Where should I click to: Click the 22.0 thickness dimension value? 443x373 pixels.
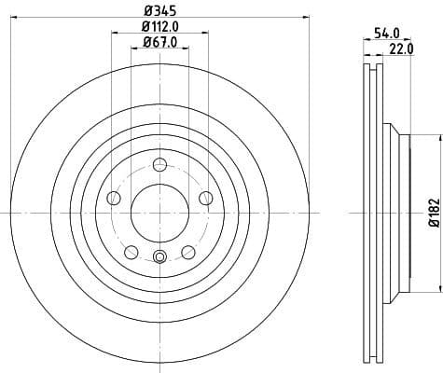(402, 49)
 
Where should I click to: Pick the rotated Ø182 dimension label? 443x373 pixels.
(433, 213)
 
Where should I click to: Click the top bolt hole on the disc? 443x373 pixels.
(159, 166)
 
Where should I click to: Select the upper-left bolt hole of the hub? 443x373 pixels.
(114, 198)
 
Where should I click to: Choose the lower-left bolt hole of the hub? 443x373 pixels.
(131, 251)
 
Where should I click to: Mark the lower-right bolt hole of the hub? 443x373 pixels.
(187, 251)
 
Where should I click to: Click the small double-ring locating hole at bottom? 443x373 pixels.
(159, 258)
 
